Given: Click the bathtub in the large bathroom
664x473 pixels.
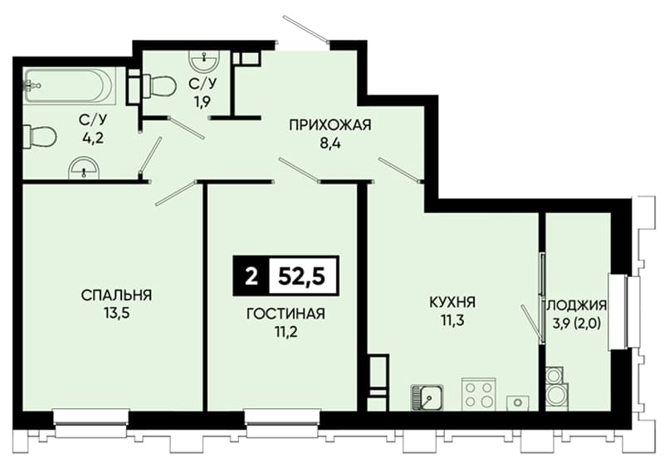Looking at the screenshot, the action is [x=70, y=86].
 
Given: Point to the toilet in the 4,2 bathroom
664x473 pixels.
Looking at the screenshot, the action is [x=39, y=136].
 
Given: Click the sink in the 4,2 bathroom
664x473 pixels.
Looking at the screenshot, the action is [x=85, y=168].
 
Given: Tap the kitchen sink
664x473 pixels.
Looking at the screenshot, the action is [x=427, y=397].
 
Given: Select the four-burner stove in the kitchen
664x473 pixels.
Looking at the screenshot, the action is [x=479, y=394].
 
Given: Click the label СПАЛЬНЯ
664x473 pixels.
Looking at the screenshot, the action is [x=116, y=295].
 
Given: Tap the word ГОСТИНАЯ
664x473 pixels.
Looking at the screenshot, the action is [x=286, y=314].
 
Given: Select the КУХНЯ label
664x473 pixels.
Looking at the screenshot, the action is [x=452, y=302].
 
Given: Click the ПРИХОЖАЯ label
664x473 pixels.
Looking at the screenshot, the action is [x=330, y=125].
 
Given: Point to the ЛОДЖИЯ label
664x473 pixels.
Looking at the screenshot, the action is [x=578, y=305].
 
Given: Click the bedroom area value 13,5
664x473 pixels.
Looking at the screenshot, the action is [x=116, y=314].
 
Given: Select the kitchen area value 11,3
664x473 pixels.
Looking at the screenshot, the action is [x=452, y=320].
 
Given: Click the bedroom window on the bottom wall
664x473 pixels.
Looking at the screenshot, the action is [x=91, y=423].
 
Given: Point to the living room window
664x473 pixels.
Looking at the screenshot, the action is [x=282, y=423].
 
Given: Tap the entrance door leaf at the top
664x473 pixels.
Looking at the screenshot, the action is [x=306, y=29].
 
